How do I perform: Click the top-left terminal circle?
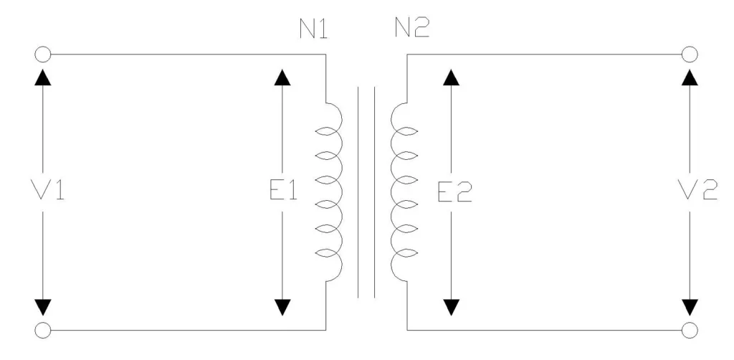pyautogui.click(x=42, y=54)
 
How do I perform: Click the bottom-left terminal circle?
pyautogui.click(x=42, y=330)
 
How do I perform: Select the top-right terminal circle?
pyautogui.click(x=689, y=54)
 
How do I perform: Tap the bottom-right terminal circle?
pyautogui.click(x=689, y=330)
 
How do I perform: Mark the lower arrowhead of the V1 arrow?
pyautogui.click(x=43, y=306)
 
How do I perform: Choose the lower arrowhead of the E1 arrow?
pyautogui.click(x=284, y=306)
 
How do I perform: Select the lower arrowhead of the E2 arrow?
pyautogui.click(x=449, y=306)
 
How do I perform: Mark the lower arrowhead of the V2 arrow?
pyautogui.click(x=689, y=306)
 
